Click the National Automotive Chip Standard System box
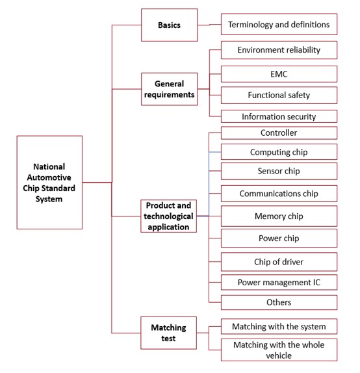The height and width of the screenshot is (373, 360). (x=49, y=182)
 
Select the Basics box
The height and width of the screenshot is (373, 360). (x=169, y=25)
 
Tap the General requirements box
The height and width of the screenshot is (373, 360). (x=169, y=89)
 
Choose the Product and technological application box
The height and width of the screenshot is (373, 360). (x=168, y=216)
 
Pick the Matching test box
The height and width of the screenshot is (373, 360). (x=168, y=333)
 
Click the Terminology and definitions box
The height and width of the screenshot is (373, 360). (x=279, y=24)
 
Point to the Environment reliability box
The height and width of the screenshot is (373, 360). (x=279, y=50)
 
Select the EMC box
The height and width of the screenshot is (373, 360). (x=279, y=74)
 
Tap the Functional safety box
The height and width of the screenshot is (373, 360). (x=279, y=95)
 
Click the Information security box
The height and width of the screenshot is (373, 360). (x=279, y=116)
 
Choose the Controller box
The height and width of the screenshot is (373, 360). (x=279, y=133)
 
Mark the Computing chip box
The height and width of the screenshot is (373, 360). (x=279, y=152)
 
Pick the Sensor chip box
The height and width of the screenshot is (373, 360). (x=279, y=171)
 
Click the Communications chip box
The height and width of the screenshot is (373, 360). (x=279, y=194)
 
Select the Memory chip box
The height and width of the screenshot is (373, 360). (x=279, y=216)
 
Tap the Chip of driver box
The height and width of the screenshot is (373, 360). (x=279, y=262)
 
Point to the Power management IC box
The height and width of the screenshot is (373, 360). (x=279, y=283)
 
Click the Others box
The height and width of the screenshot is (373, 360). (x=279, y=302)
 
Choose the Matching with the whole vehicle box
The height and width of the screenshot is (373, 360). (x=279, y=350)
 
